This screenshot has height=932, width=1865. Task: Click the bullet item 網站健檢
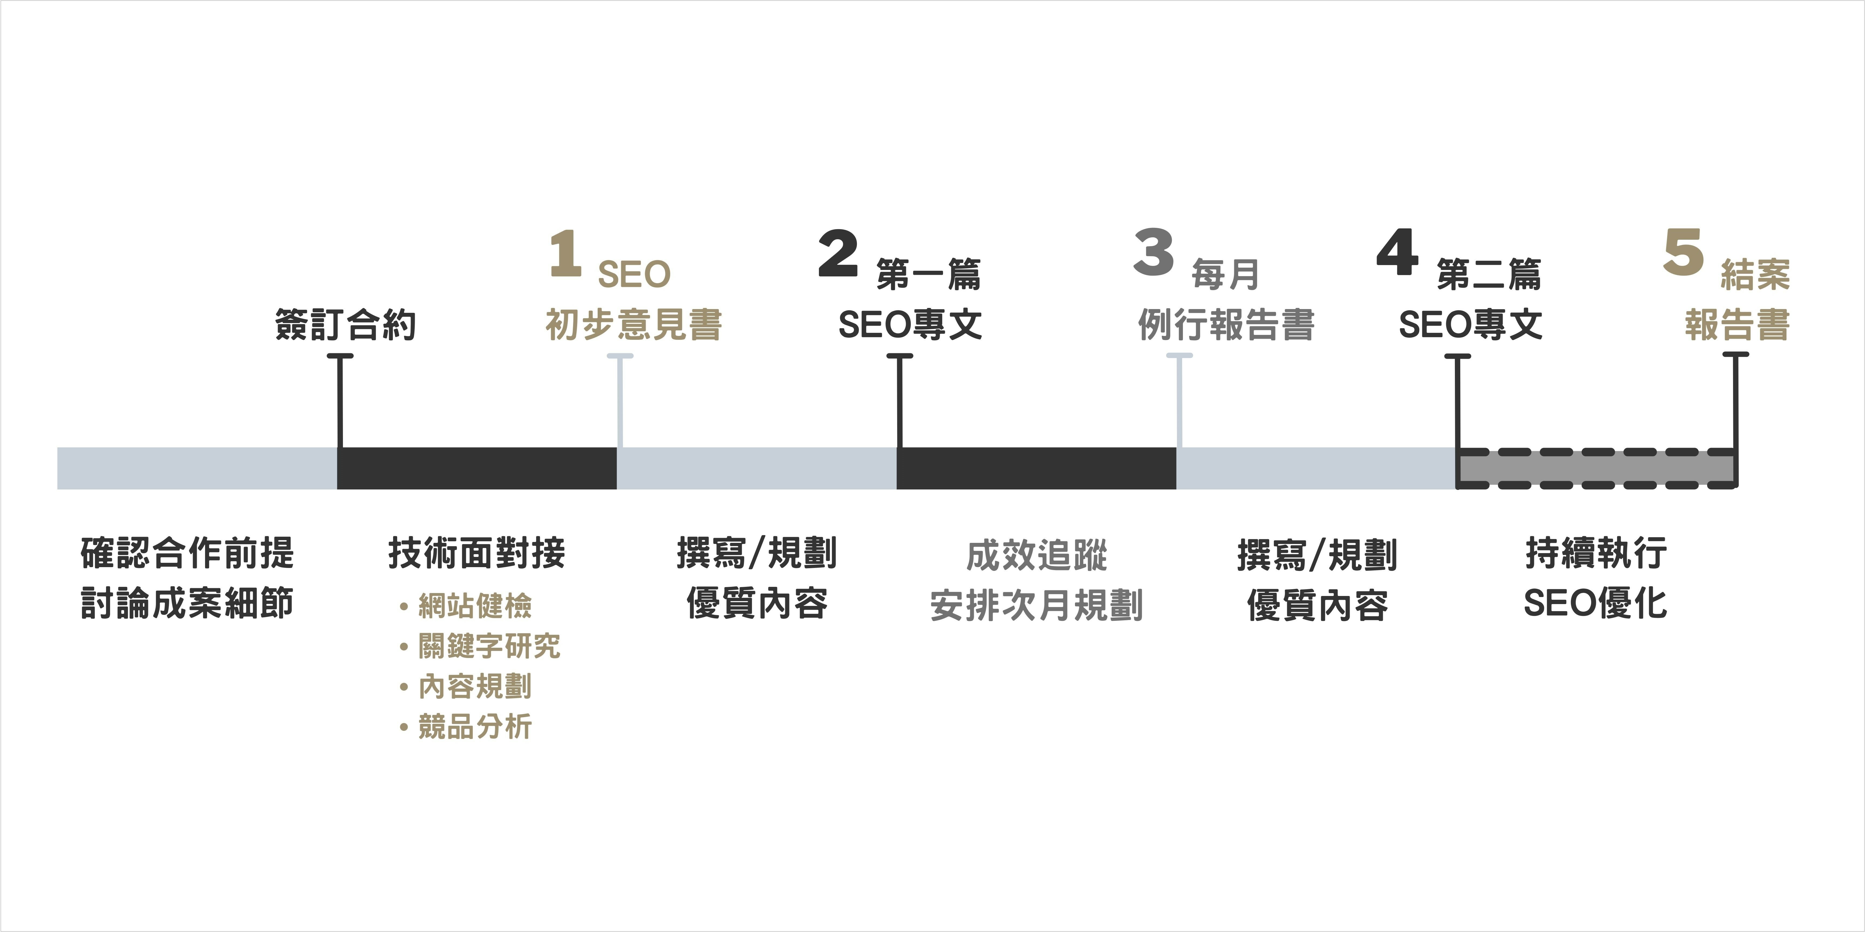click(474, 606)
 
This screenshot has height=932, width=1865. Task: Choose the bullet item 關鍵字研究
click(489, 646)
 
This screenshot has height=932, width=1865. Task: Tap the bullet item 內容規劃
click(474, 687)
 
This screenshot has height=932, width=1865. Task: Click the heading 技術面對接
click(477, 554)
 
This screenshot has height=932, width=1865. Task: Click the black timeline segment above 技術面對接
click(477, 468)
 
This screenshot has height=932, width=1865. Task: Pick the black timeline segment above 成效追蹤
click(1036, 468)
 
